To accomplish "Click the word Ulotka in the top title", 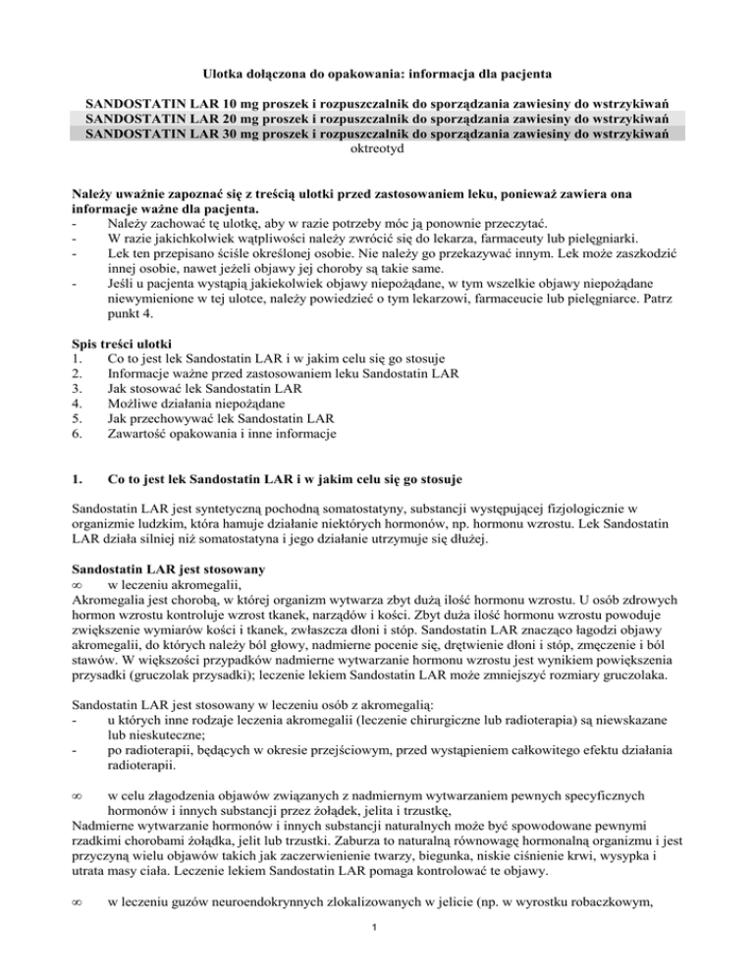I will [x=224, y=73].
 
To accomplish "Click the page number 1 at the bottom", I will [x=377, y=949].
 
